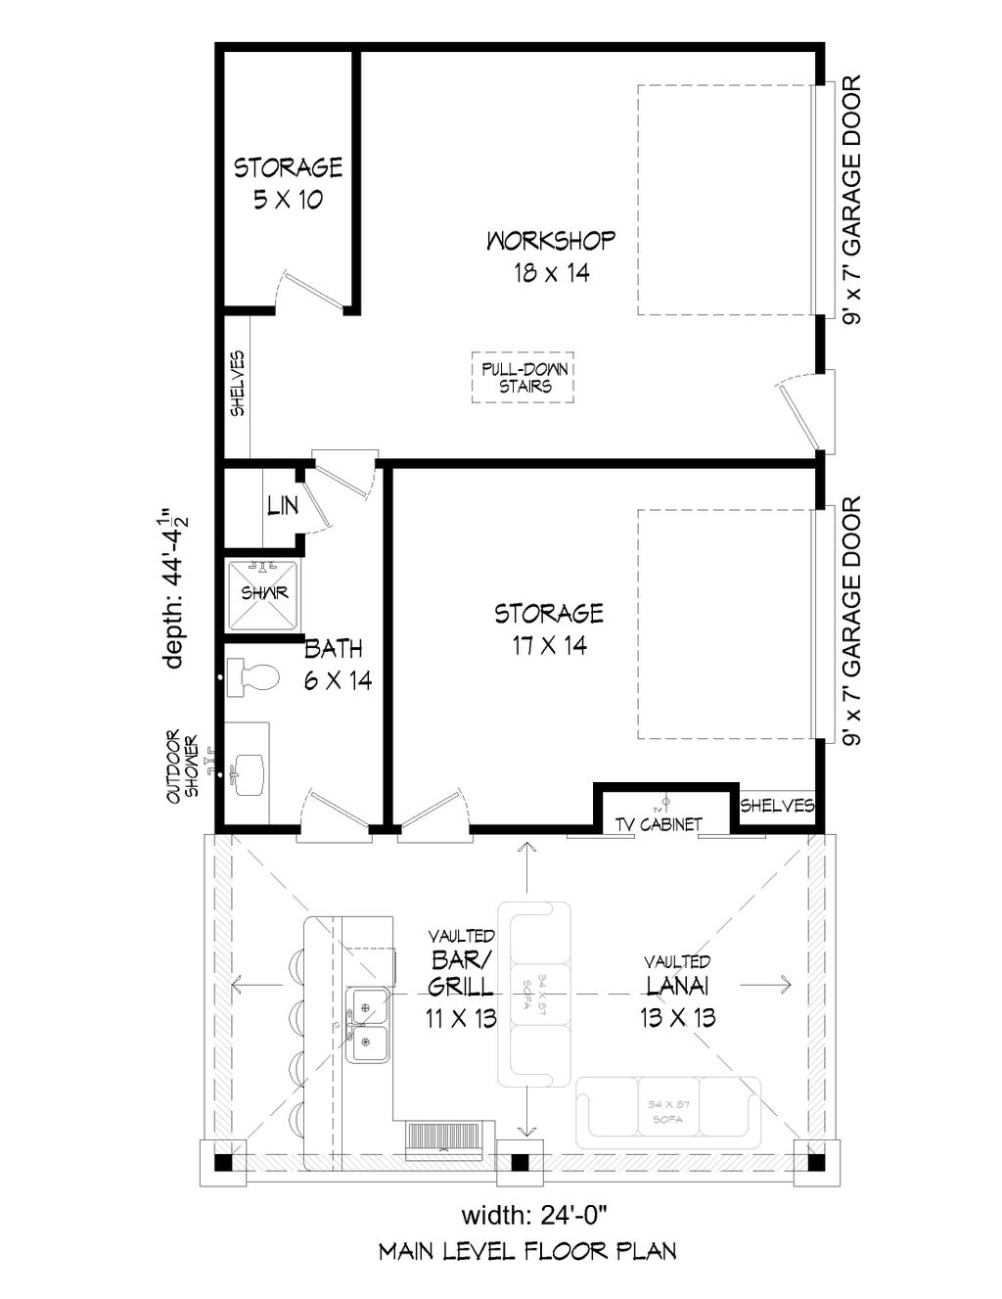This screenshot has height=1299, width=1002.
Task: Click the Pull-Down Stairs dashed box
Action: (522, 378)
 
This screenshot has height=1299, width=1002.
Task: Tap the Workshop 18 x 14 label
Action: (551, 255)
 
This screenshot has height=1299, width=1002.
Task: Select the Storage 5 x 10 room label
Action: (288, 183)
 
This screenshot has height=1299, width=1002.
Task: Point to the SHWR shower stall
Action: (262, 594)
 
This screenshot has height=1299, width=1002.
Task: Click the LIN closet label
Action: (282, 506)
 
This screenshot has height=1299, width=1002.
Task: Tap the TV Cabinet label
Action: (659, 825)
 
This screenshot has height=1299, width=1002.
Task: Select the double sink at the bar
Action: (370, 1023)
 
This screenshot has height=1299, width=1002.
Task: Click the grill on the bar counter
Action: (445, 1137)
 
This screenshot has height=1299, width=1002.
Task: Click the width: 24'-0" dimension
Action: (535, 1216)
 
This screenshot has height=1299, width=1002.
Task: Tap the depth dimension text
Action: (176, 587)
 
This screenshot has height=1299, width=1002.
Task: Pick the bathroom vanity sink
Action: (250, 772)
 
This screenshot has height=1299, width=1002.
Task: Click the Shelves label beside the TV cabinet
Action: (777, 806)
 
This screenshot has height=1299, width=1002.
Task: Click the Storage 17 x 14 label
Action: (548, 628)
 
